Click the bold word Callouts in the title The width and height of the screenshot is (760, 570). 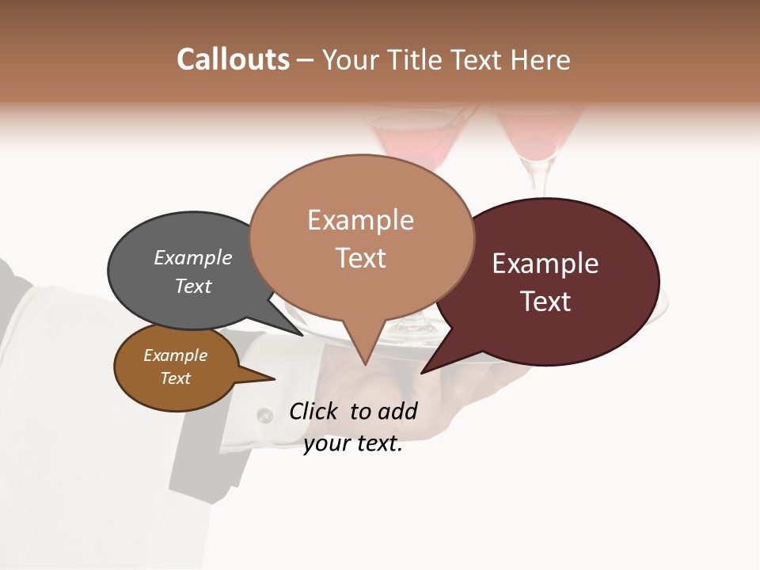pyautogui.click(x=233, y=59)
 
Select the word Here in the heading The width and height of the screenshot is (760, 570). pyautogui.click(x=541, y=59)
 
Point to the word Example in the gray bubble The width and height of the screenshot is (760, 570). pyautogui.click(x=193, y=258)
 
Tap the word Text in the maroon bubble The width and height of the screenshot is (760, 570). pyautogui.click(x=546, y=302)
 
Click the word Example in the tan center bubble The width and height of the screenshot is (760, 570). pyautogui.click(x=361, y=220)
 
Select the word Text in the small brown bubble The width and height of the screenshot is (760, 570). pyautogui.click(x=176, y=378)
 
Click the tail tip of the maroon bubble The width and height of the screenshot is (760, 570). pyautogui.click(x=423, y=372)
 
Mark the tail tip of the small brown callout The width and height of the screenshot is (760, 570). pyautogui.click(x=274, y=379)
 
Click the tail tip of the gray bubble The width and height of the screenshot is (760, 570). pyautogui.click(x=302, y=335)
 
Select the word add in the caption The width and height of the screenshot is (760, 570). pyautogui.click(x=397, y=411)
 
